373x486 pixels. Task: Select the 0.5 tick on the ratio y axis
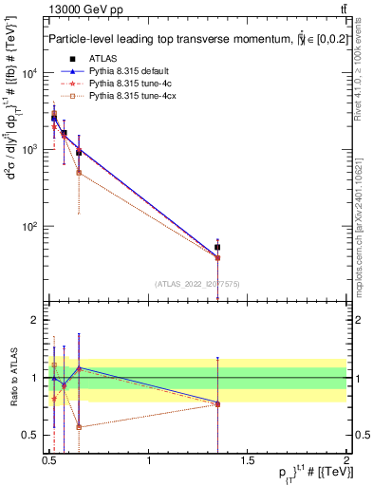coord(33,436)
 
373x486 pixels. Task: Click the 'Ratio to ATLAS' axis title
coord(12,378)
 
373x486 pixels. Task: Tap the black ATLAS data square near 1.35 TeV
coord(218,247)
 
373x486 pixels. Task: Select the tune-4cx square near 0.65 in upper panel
coord(79,173)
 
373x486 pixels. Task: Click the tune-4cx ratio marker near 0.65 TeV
coord(79,427)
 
